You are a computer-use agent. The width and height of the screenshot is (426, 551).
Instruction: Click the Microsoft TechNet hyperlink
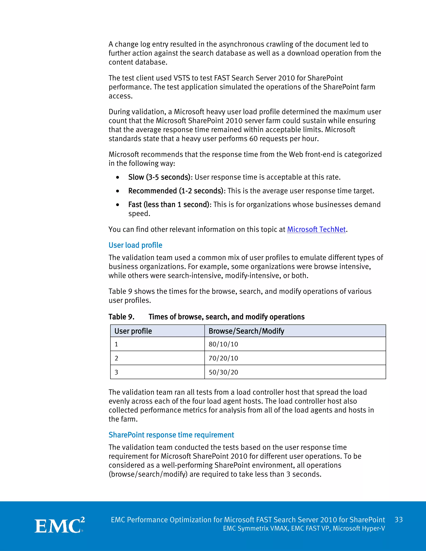coord(316,229)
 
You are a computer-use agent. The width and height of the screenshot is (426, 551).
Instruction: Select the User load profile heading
coord(135,245)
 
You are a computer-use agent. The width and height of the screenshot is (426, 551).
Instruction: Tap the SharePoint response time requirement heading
coord(171,435)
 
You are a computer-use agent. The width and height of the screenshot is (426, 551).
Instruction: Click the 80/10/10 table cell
coord(223,344)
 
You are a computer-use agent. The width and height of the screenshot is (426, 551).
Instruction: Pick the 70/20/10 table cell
coord(223,358)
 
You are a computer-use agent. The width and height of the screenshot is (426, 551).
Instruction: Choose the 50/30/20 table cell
coord(223,372)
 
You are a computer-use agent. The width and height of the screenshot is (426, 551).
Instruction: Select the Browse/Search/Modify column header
coord(246,331)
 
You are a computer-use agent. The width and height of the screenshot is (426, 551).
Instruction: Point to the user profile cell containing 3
coord(116,372)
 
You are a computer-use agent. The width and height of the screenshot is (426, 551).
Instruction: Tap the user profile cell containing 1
coord(116,344)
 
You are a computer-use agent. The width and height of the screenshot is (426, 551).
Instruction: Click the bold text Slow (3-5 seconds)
coord(159,177)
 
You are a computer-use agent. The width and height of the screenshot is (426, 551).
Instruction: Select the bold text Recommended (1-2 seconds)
coord(176,191)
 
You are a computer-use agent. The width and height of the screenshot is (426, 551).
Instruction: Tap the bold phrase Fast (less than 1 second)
coord(168,204)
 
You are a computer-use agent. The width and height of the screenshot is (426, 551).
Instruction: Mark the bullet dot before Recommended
coord(118,191)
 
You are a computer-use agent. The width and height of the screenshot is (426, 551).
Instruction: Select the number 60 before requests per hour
coord(253,138)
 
